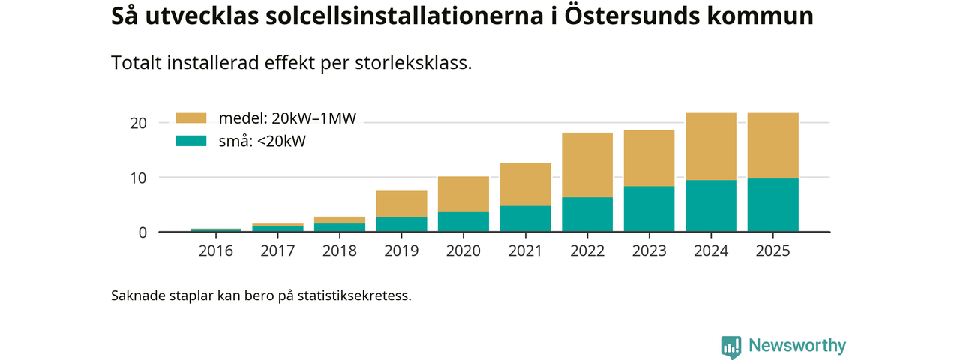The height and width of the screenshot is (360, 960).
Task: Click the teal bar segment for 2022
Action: (587, 214)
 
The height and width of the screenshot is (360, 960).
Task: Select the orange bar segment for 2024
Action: (711, 146)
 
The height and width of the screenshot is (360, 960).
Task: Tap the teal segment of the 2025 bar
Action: (773, 205)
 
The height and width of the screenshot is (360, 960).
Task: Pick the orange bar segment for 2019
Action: (401, 204)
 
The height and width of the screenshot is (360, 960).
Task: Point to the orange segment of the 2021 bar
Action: (525, 184)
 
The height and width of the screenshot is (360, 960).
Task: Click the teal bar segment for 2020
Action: (463, 221)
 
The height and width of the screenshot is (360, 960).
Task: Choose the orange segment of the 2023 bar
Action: (649, 158)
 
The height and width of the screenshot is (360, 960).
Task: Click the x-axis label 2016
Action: (216, 250)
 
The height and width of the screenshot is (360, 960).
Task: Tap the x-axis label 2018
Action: (340, 250)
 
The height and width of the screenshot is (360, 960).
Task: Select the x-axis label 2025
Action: (773, 250)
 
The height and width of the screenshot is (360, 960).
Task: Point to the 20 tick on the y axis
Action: (138, 123)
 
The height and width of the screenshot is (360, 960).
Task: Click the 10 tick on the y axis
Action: (138, 178)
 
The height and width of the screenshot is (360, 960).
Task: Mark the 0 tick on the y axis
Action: (142, 232)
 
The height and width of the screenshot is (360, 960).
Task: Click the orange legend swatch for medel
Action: (190, 118)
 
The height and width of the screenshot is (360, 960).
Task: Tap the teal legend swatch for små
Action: (190, 140)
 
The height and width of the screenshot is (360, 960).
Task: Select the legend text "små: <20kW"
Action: (262, 140)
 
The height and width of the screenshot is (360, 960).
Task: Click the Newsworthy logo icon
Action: (731, 346)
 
